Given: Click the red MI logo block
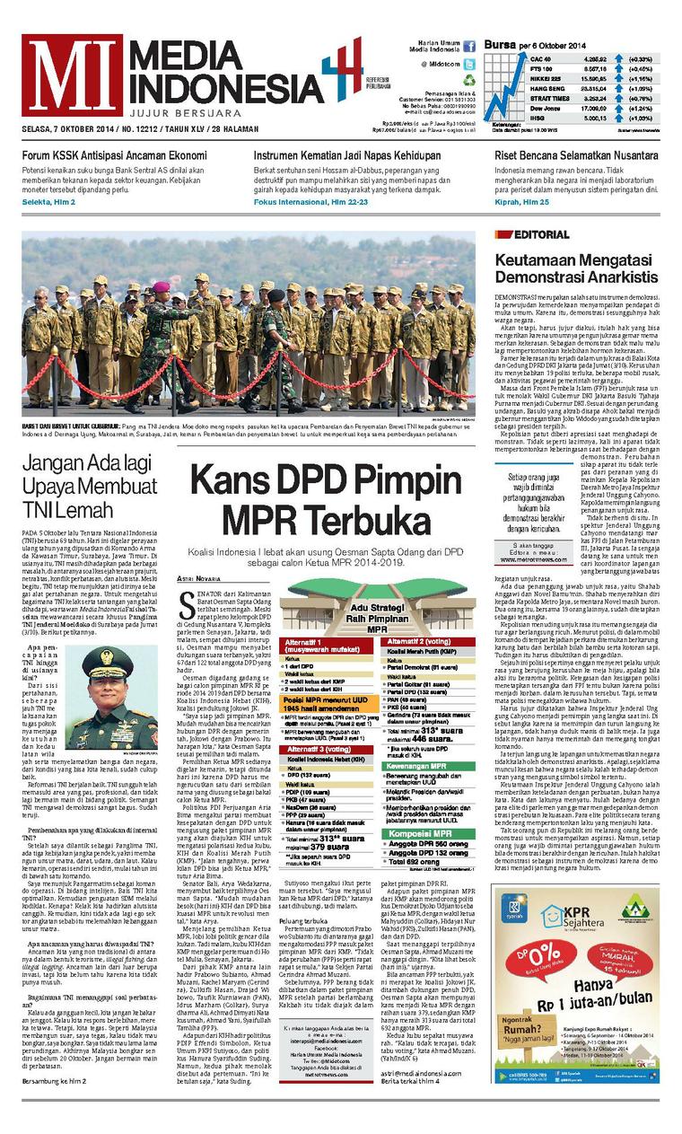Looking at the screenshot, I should click(72, 75).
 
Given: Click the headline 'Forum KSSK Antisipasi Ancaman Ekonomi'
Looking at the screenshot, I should click(115, 155).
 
